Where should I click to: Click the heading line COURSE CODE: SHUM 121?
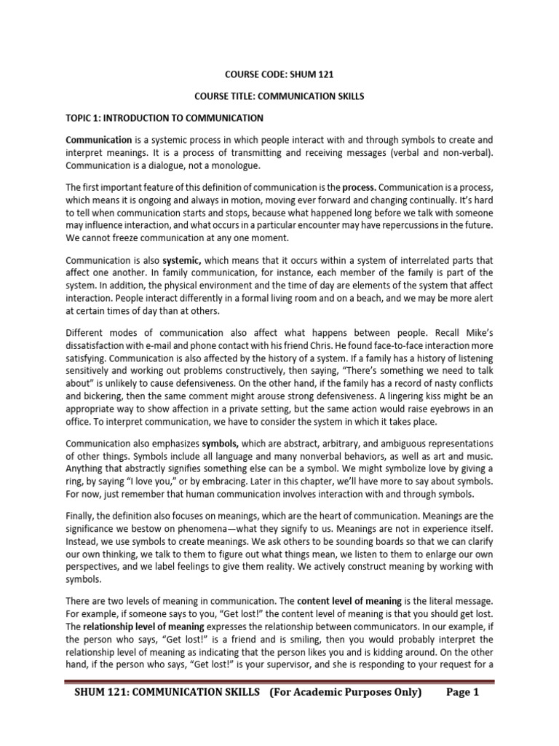pyautogui.click(x=279, y=74)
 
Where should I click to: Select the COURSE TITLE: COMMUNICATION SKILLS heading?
pyautogui.click(x=279, y=95)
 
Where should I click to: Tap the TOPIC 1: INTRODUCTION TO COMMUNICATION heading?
pyautogui.click(x=164, y=117)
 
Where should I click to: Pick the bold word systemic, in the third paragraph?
pyautogui.click(x=186, y=259)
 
